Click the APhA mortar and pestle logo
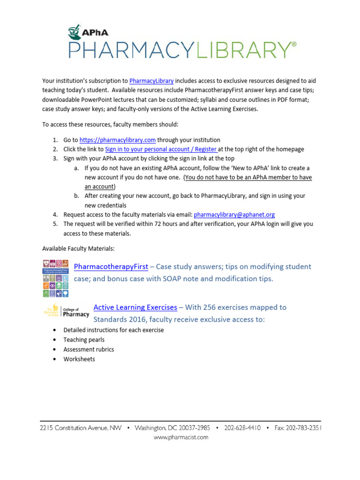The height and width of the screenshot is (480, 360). point(75,33)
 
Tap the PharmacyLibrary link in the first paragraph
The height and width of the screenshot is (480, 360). point(151,81)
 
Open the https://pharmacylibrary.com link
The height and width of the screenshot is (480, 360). point(117,140)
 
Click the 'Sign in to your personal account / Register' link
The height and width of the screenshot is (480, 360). point(161,149)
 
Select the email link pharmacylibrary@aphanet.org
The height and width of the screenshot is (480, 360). point(234,215)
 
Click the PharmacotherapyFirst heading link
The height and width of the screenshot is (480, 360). point(111,267)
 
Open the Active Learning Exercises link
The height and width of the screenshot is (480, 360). point(135,307)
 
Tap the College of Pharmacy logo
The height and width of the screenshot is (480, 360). point(66,311)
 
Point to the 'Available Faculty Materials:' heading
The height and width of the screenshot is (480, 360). point(78,248)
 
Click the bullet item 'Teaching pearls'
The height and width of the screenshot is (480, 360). point(84,340)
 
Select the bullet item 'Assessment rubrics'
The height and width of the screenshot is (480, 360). point(89,349)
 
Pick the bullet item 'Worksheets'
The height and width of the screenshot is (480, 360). point(79,359)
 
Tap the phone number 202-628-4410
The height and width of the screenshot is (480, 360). point(242,428)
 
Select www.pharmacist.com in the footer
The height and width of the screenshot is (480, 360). point(181,437)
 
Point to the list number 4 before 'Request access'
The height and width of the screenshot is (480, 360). point(54,215)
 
